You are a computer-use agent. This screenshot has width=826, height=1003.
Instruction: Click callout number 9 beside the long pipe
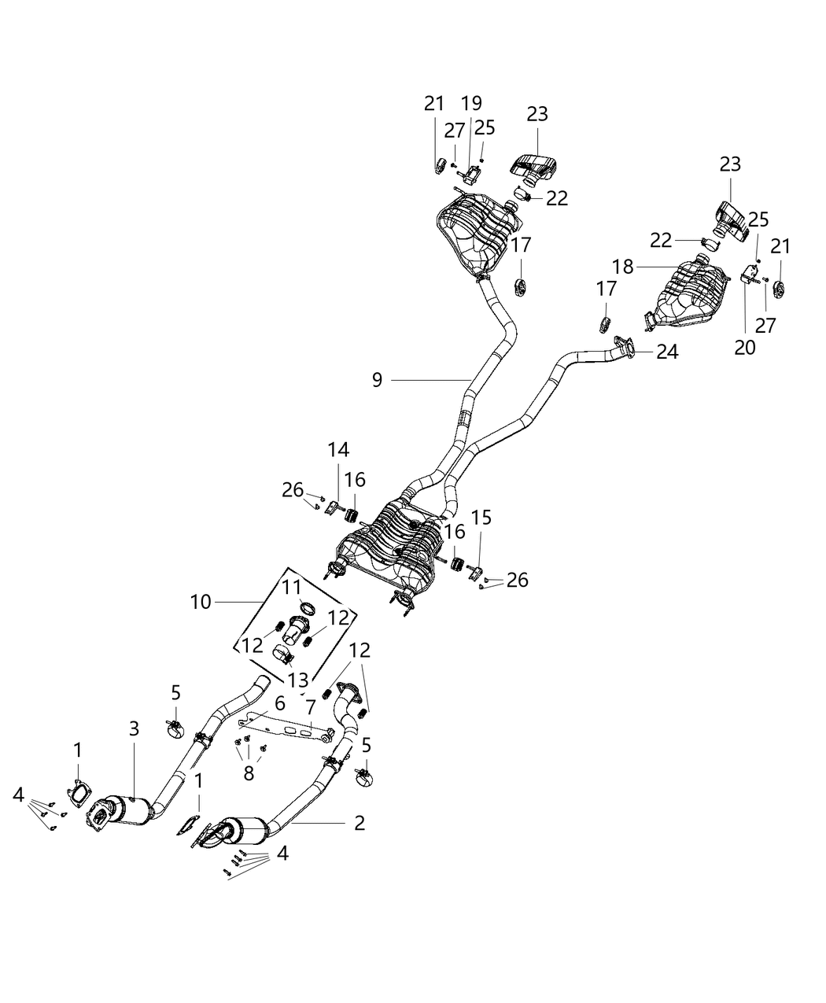tap(378, 381)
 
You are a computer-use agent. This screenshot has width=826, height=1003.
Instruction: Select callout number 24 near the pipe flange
tap(667, 352)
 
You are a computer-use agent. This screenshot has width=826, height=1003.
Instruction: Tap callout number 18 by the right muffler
tap(623, 267)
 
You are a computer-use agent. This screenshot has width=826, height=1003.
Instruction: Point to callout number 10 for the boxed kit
tap(201, 602)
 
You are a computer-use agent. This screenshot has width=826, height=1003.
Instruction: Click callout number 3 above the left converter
tap(134, 728)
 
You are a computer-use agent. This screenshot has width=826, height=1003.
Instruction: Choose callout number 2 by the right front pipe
tap(360, 823)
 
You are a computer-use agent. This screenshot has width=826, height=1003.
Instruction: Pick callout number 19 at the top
tap(471, 103)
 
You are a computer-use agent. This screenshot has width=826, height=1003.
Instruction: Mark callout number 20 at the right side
tap(744, 347)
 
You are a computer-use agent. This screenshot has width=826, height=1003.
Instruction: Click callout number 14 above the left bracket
tap(339, 449)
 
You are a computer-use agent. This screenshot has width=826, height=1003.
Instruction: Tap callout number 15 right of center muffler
tap(481, 517)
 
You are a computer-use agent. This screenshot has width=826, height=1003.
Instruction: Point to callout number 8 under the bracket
tap(249, 773)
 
